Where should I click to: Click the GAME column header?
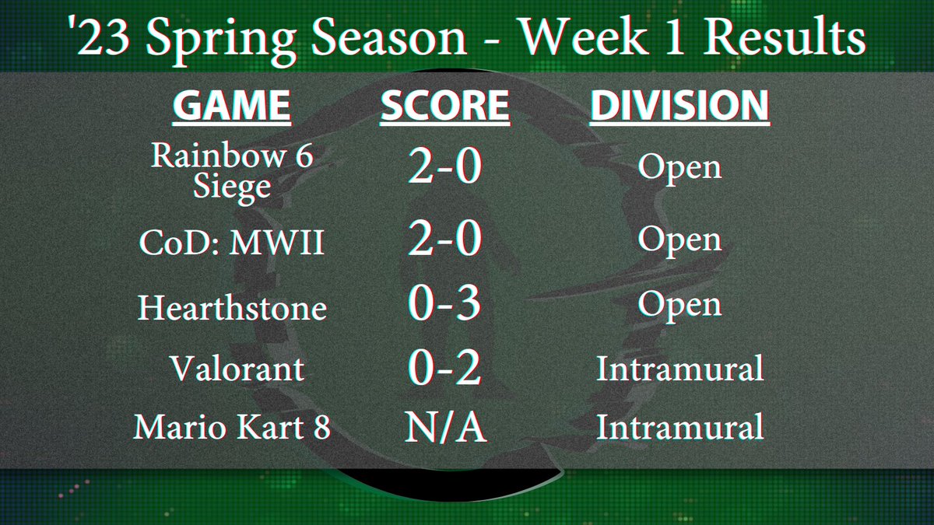click(x=232, y=107)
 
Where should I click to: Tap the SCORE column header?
click(x=444, y=107)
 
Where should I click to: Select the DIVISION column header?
click(x=679, y=107)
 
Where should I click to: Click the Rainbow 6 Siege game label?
click(x=232, y=172)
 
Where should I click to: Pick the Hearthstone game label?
click(x=232, y=309)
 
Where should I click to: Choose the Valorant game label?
click(x=237, y=368)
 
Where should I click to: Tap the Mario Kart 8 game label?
click(x=232, y=429)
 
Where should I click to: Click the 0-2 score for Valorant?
click(x=444, y=368)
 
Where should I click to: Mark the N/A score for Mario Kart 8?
click(x=444, y=429)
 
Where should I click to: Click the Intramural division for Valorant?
click(x=679, y=368)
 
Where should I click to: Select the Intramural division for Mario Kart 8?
click(x=679, y=429)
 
